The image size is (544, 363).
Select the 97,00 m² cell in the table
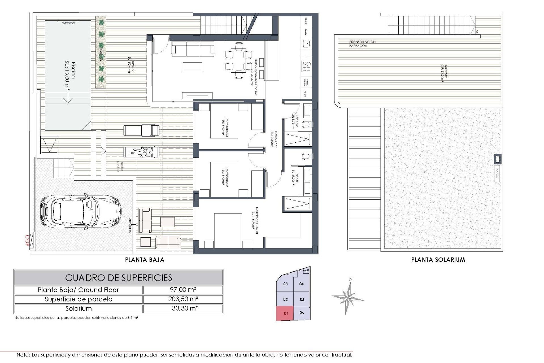point(183,290)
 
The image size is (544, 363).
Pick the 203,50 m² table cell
point(183,299)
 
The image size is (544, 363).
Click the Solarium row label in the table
point(78,309)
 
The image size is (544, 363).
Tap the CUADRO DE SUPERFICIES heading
point(119,277)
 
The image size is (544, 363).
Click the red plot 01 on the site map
point(285,313)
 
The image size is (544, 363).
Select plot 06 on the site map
point(301,313)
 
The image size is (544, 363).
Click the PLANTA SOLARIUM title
point(438,259)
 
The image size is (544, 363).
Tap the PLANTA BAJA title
point(145,259)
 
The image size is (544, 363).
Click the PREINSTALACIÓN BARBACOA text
point(362,44)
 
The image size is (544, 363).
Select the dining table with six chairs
point(239,60)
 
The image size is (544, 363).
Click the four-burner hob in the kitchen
point(306,66)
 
